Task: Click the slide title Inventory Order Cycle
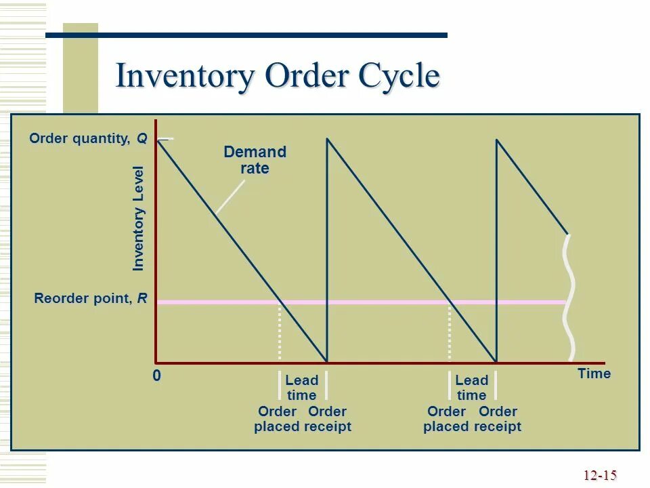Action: pos(278,75)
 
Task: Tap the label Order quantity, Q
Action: pos(88,139)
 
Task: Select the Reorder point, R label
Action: pos(91,299)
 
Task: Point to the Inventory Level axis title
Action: pos(139,218)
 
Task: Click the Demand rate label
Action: pos(255,160)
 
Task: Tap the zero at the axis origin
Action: pos(156,375)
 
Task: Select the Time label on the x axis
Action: pos(594,373)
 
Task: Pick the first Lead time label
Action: pos(301,388)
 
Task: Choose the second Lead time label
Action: pos(471,388)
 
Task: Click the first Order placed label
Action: pos(277,419)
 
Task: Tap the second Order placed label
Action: pos(446,419)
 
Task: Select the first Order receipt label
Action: pos(328,419)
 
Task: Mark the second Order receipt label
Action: pos(498,419)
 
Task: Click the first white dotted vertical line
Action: pos(280,332)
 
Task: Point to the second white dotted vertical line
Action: pos(450,332)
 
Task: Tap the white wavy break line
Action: pos(571,298)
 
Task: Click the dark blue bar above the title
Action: pos(246,35)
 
